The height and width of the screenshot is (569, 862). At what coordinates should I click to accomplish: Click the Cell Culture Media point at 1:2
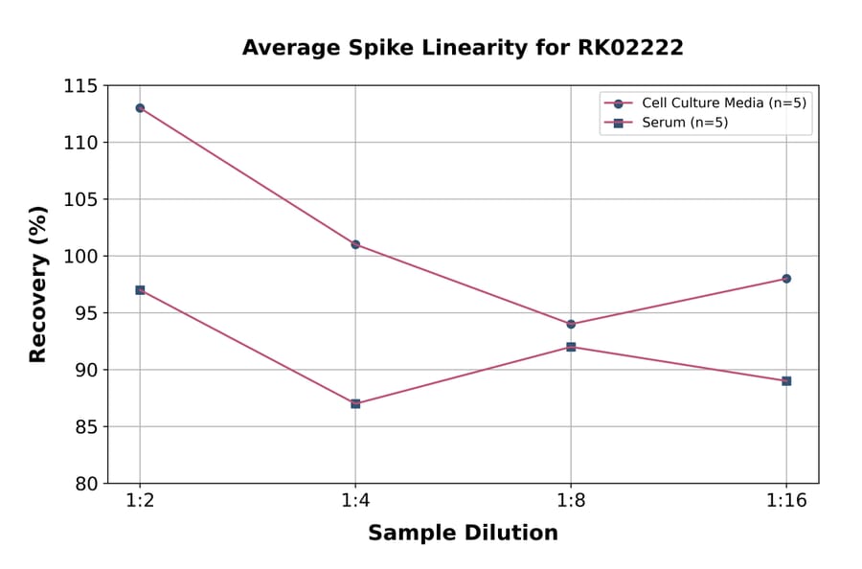pyautogui.click(x=140, y=108)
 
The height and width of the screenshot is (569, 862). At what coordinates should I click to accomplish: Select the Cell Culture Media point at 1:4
pyautogui.click(x=355, y=244)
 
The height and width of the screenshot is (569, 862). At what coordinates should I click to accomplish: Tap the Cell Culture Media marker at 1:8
pyautogui.click(x=571, y=324)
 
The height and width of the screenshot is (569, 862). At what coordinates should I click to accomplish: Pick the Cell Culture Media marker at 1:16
pyautogui.click(x=786, y=279)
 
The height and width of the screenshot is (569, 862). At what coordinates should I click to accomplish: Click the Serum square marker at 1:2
pyautogui.click(x=140, y=289)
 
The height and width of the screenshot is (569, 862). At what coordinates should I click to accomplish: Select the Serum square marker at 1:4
pyautogui.click(x=355, y=403)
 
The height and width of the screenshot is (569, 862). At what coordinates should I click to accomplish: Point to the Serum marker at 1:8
pyautogui.click(x=571, y=347)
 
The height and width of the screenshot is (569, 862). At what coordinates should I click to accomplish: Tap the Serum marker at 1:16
pyautogui.click(x=786, y=380)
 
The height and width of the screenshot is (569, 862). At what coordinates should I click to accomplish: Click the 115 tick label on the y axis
pyautogui.click(x=80, y=86)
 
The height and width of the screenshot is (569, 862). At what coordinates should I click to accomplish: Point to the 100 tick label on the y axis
pyautogui.click(x=80, y=257)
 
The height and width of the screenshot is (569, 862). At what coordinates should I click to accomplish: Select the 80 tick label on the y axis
pyautogui.click(x=86, y=484)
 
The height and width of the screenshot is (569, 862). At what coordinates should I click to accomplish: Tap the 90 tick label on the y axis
pyautogui.click(x=86, y=370)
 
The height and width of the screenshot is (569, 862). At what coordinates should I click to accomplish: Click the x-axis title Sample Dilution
pyautogui.click(x=463, y=534)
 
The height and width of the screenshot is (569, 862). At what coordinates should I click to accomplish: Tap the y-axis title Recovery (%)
pyautogui.click(x=38, y=284)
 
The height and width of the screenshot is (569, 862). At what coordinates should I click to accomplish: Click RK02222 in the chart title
pyautogui.click(x=628, y=48)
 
